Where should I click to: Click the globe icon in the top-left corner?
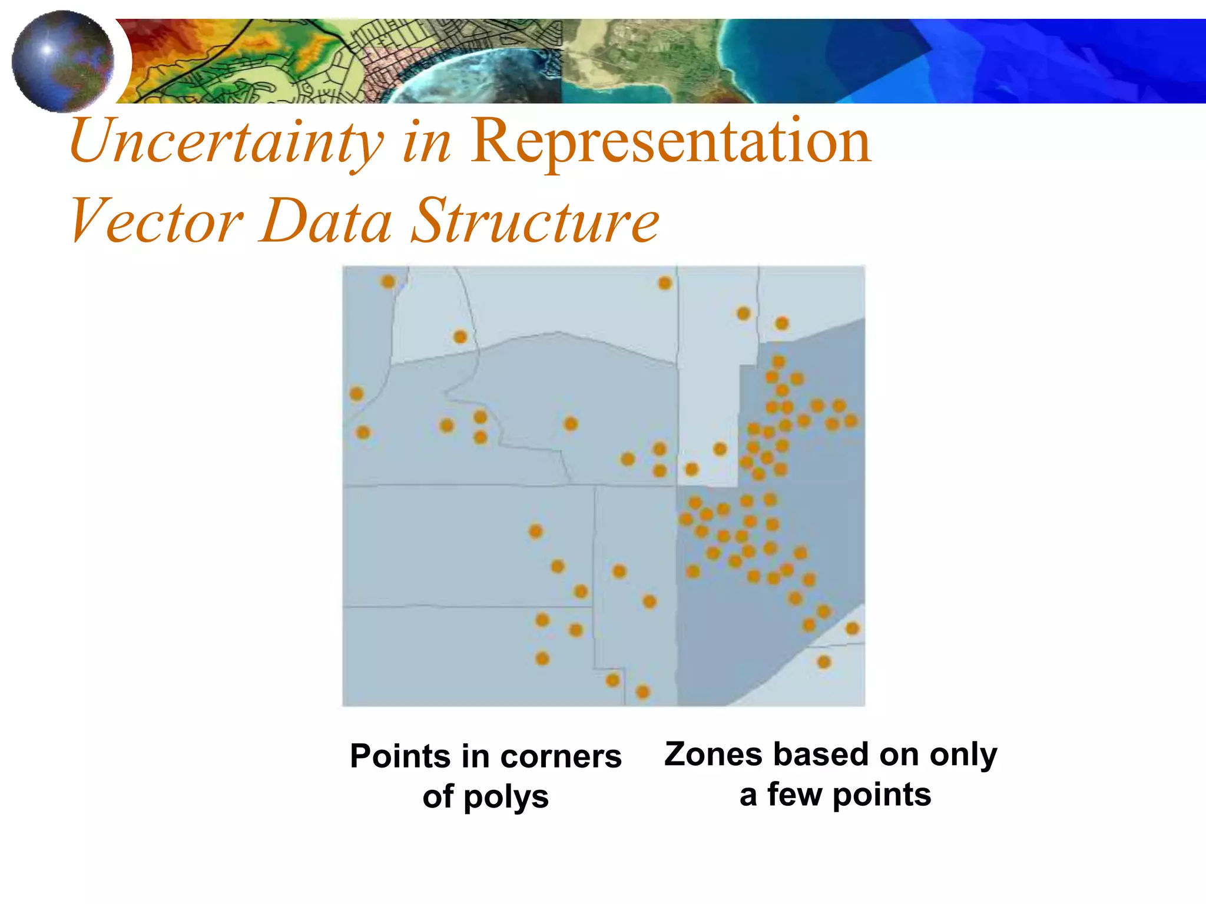(x=63, y=61)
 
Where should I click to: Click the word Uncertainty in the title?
(x=227, y=141)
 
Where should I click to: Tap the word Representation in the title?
(x=670, y=141)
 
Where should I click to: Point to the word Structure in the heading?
(x=535, y=221)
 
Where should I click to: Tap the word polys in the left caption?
(x=506, y=797)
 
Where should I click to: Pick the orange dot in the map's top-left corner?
(x=388, y=281)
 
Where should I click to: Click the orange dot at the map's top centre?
(x=665, y=283)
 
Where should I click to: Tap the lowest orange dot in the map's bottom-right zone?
(x=824, y=662)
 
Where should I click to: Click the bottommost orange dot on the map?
(x=643, y=692)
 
